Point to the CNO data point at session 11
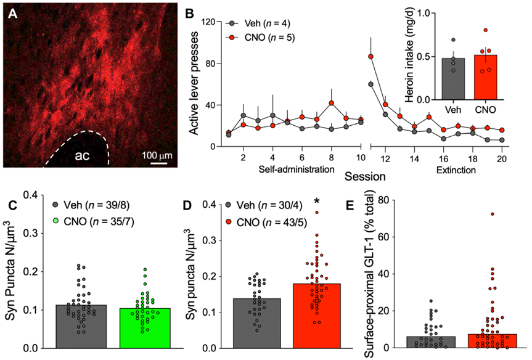coord(371,57)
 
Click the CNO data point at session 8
coord(332,103)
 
